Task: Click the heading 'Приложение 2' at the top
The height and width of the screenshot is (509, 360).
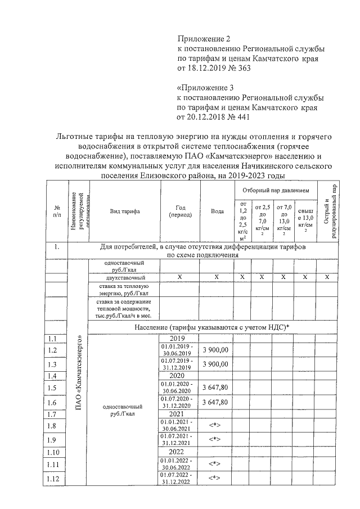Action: [x=204, y=39]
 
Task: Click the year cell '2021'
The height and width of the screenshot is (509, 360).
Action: [x=177, y=414]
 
